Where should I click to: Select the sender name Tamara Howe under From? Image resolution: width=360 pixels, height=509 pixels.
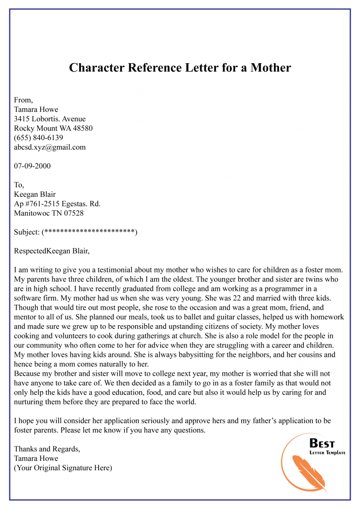pos(36,109)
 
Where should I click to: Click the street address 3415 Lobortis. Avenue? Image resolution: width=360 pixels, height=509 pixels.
pos(50,119)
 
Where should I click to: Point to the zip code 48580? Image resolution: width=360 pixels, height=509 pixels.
pos(82,128)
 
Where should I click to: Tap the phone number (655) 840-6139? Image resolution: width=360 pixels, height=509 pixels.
pos(39,138)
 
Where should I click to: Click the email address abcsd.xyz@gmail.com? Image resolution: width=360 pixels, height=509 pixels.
pos(50,147)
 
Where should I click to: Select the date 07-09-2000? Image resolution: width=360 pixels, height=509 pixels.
pos(32,166)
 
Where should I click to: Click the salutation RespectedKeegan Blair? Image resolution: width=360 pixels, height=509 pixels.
pos(52,251)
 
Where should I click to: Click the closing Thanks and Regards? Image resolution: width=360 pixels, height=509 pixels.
pos(47,449)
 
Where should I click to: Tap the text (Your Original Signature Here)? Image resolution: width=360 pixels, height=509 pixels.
pos(63,468)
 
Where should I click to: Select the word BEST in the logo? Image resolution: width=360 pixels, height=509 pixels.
pos(322,443)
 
